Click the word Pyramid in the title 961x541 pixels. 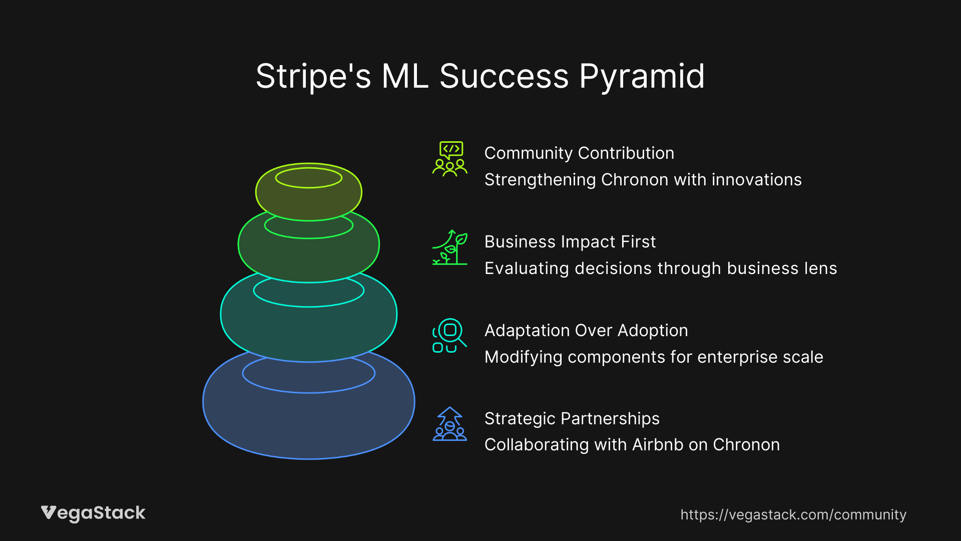tap(642, 77)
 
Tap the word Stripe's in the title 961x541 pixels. tap(313, 77)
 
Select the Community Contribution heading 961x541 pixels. tap(579, 153)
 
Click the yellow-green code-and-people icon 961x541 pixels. tap(449, 159)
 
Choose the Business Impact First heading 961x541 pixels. tap(570, 242)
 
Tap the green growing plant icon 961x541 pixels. tap(449, 247)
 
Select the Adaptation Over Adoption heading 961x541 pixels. tap(586, 331)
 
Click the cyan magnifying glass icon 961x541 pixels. tap(449, 335)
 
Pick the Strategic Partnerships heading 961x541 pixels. tap(572, 419)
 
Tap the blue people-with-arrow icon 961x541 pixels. tap(449, 424)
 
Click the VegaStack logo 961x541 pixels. tap(93, 513)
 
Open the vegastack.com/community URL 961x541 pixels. tap(793, 515)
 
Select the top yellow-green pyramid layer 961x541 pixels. tap(308, 203)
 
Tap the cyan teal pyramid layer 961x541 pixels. tap(308, 331)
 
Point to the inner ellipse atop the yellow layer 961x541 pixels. tap(308, 178)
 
